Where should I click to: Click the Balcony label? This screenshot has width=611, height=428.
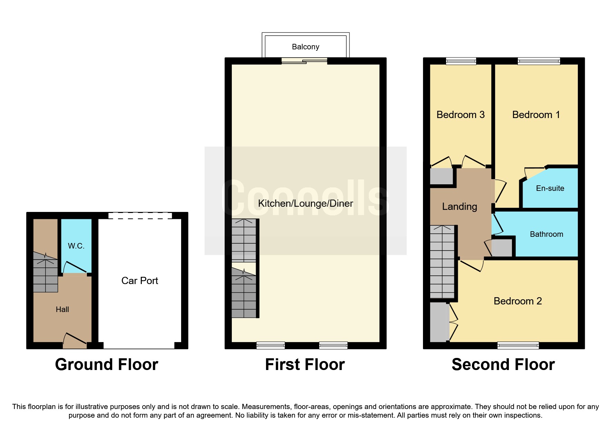(x=305, y=47)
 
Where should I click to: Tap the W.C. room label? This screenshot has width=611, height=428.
(x=76, y=246)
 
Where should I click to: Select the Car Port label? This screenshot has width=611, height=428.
(x=139, y=281)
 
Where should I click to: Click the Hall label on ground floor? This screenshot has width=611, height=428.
(x=62, y=310)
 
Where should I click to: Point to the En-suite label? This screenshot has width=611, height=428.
(x=550, y=188)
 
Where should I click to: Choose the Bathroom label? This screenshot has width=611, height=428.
(x=546, y=234)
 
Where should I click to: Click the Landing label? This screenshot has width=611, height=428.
(x=460, y=207)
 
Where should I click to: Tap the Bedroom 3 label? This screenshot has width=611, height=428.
(x=460, y=115)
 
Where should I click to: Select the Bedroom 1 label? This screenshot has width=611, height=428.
(x=536, y=115)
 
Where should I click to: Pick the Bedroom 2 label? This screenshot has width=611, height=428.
(x=518, y=301)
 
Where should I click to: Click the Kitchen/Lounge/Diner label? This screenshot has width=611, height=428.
(x=305, y=203)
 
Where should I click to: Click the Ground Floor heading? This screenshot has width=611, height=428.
(x=107, y=364)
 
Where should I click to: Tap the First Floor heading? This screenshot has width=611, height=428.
(x=305, y=364)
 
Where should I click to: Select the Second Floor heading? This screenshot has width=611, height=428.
(x=503, y=364)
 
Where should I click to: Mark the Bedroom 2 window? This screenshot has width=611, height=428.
(x=518, y=345)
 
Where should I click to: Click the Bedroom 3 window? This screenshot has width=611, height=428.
(x=461, y=61)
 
